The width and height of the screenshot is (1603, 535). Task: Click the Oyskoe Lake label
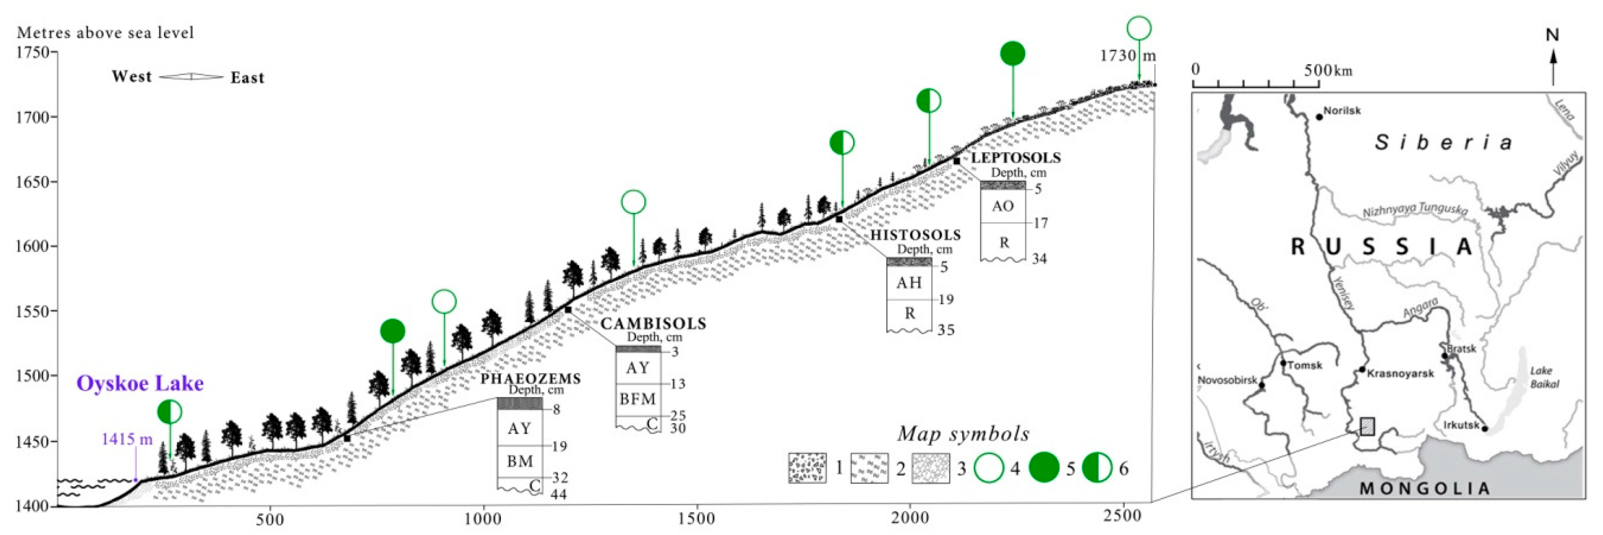click(x=140, y=383)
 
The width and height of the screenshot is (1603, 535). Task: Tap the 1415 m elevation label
click(x=127, y=439)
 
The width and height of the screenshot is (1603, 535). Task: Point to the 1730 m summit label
click(x=1127, y=55)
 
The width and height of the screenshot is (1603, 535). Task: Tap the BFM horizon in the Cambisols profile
click(x=637, y=399)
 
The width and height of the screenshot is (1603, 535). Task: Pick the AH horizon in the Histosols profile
click(x=909, y=283)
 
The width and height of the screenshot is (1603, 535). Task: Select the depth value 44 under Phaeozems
click(x=558, y=495)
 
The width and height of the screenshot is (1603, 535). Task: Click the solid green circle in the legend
click(x=1043, y=468)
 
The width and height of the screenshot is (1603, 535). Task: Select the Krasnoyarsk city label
click(x=1400, y=373)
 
